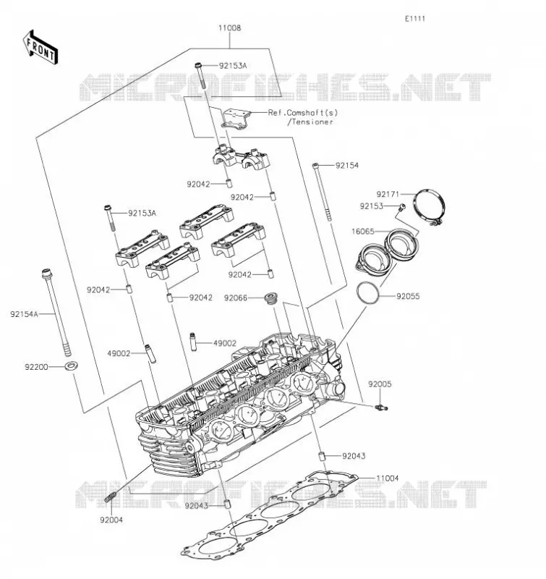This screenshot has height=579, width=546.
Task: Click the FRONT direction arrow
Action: click(40, 48)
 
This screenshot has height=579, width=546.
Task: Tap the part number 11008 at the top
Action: click(229, 28)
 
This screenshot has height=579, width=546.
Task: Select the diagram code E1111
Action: click(415, 19)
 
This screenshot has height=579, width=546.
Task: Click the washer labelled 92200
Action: click(71, 366)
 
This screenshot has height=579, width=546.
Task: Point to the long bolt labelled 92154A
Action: click(57, 312)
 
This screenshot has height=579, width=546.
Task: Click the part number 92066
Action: click(235, 297)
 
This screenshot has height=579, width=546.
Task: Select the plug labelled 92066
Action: click(271, 298)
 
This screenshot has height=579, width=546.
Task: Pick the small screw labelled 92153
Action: click(402, 207)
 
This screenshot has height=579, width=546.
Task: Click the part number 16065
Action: click(362, 232)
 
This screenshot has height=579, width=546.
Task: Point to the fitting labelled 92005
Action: click(381, 407)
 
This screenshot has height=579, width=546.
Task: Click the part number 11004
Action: click(388, 478)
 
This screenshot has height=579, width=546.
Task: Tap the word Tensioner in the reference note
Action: click(312, 122)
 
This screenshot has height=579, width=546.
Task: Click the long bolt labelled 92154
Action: click(322, 192)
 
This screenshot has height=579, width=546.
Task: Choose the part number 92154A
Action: click(24, 314)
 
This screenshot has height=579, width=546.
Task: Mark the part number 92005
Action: click(380, 384)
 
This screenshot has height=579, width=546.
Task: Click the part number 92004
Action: click(111, 520)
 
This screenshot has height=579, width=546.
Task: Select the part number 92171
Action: click(388, 194)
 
